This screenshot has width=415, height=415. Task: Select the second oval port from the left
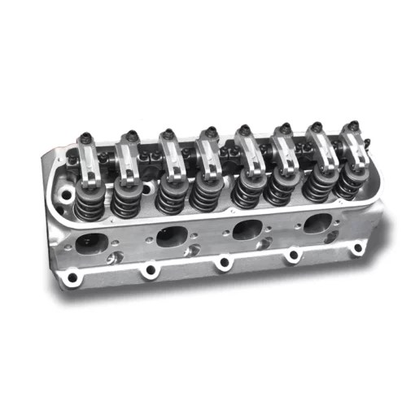pyautogui.click(x=169, y=236)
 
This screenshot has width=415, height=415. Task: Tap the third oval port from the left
pyautogui.click(x=246, y=229)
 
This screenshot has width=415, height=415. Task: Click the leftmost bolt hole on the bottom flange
pyautogui.click(x=73, y=279)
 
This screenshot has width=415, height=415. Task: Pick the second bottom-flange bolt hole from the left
pyautogui.click(x=148, y=271)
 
